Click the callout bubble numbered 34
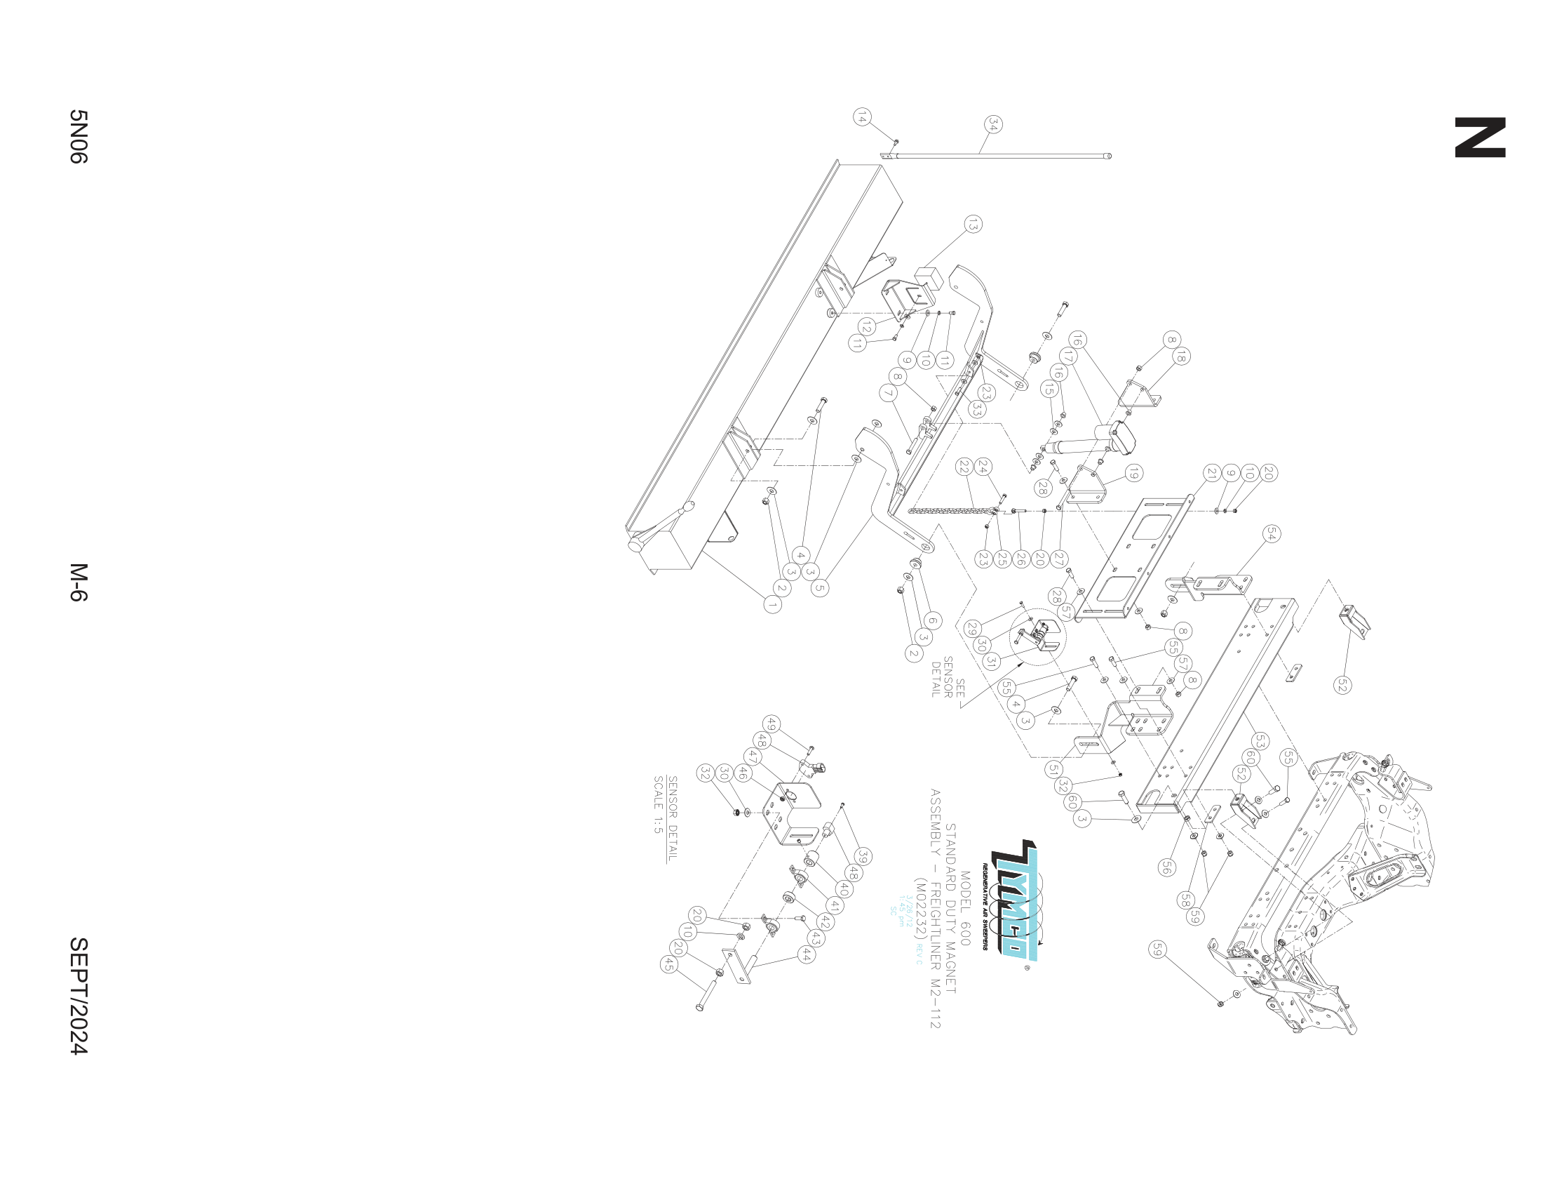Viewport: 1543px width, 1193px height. point(993,125)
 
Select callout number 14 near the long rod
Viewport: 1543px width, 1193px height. point(861,117)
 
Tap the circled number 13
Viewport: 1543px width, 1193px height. point(973,225)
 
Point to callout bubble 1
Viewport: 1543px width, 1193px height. point(772,605)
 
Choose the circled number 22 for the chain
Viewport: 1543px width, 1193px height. point(964,467)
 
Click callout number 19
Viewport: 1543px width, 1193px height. point(1133,473)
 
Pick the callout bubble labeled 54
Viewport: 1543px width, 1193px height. point(1270,534)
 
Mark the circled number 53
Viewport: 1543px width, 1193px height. point(1260,740)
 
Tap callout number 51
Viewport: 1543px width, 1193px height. point(1054,770)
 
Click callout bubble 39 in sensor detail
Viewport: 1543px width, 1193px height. point(862,856)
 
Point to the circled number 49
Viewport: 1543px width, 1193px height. point(771,724)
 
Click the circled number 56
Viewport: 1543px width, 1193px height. point(1166,867)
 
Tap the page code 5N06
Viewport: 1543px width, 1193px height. point(78,136)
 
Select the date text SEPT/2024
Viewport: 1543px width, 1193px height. point(78,997)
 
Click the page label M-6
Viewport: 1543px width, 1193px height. point(78,582)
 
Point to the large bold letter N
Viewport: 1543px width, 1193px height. point(1480,138)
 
